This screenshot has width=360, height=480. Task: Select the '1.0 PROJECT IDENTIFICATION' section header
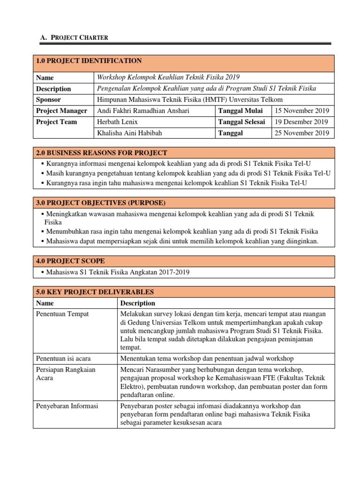pyautogui.click(x=89, y=61)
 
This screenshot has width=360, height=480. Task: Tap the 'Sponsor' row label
pyautogui.click(x=48, y=100)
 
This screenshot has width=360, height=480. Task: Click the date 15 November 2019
pyautogui.click(x=302, y=111)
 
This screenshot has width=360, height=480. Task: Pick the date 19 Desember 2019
pyautogui.click(x=301, y=122)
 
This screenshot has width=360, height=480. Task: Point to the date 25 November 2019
pyautogui.click(x=302, y=133)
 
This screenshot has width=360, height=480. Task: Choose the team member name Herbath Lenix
pyautogui.click(x=117, y=122)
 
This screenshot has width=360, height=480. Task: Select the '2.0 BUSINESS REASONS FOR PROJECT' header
pyautogui.click(x=101, y=153)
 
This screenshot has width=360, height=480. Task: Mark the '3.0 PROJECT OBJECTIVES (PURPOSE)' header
pyautogui.click(x=100, y=202)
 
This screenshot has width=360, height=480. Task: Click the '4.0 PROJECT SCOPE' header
pyautogui.click(x=70, y=261)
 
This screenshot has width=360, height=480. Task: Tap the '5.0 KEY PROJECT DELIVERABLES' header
pyautogui.click(x=94, y=292)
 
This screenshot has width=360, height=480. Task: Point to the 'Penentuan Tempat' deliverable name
pyautogui.click(x=62, y=314)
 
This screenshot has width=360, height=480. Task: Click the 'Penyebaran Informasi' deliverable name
pyautogui.click(x=67, y=406)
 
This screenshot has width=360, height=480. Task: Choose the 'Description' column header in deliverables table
pyautogui.click(x=138, y=303)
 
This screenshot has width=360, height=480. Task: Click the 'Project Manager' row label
pyautogui.click(x=61, y=111)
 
